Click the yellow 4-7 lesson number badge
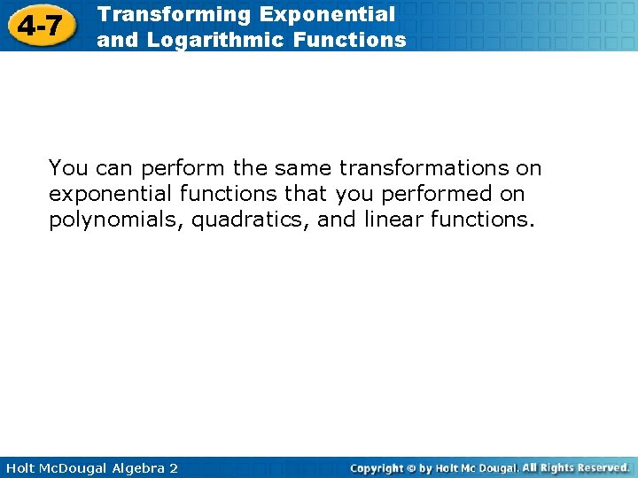(40, 26)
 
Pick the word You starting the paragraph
(68, 168)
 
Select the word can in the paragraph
(113, 168)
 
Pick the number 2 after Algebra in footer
(173, 467)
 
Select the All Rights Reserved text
(576, 467)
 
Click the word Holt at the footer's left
(19, 467)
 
